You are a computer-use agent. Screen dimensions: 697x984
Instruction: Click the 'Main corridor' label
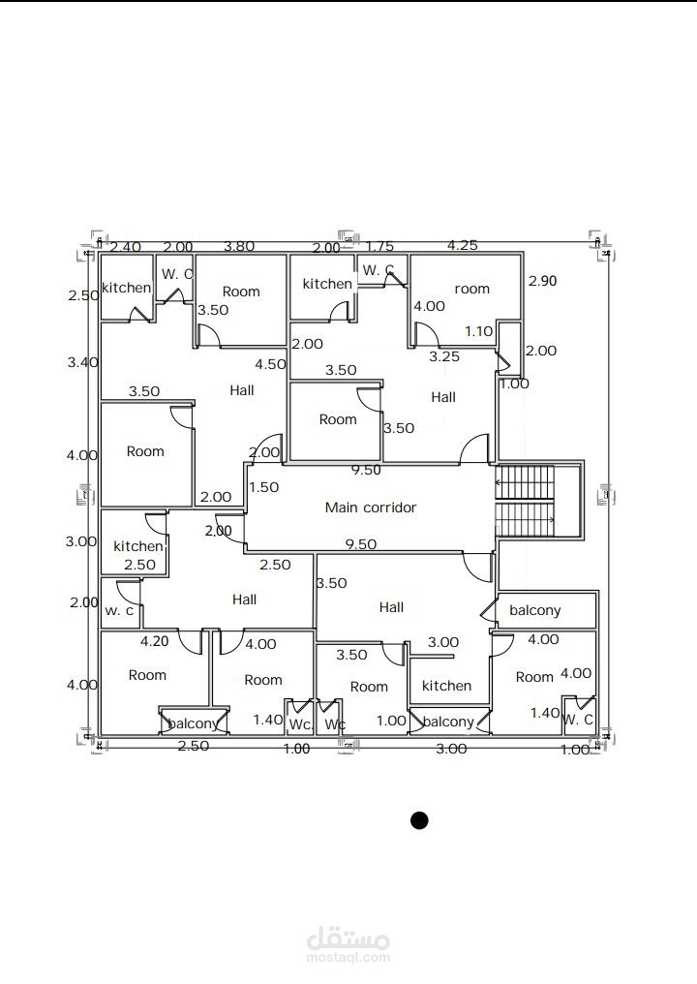coord(370,507)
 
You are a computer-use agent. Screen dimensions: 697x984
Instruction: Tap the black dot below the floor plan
coord(419,820)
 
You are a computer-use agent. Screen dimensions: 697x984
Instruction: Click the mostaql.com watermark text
coord(348,958)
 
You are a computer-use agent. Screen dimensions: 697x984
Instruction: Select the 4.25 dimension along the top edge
coord(463,245)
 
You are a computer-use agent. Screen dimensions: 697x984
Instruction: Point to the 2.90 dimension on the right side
coord(542,281)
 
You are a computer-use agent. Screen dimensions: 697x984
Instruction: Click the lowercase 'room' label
coord(471,289)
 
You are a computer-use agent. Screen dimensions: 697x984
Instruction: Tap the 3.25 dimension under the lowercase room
coord(444,356)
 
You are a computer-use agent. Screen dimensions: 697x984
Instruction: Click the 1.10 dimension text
coord(478,330)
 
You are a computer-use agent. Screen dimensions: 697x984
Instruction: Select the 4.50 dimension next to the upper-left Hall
coord(270,364)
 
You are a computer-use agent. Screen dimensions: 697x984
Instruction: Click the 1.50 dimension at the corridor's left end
coord(263,487)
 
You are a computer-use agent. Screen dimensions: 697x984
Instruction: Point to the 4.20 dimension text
coord(154,641)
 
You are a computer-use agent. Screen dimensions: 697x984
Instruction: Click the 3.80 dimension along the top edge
coord(239,246)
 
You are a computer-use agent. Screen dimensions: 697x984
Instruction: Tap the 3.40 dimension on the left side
coord(83,362)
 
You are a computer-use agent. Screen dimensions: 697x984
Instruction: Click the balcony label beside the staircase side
coord(534,610)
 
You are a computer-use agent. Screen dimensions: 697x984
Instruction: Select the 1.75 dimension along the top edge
coord(380,247)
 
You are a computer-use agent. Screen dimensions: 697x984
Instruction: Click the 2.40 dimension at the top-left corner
coord(126,247)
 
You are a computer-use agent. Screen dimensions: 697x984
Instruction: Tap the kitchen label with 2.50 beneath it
coord(138,546)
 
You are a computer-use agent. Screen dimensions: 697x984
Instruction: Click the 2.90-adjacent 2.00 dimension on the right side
coord(541,351)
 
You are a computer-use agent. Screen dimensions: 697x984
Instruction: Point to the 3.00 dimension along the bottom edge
coord(451,749)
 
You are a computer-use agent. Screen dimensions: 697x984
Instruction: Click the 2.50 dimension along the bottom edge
coord(194,746)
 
